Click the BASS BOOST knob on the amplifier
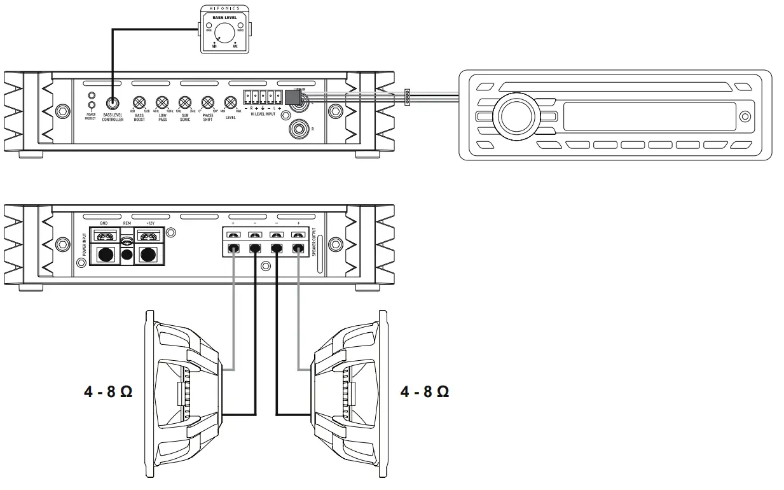tap(139, 103)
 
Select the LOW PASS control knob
tap(162, 103)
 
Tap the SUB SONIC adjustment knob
tap(184, 103)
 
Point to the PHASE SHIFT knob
tap(207, 103)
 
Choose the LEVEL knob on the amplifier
tap(230, 103)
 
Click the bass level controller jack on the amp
tap(113, 103)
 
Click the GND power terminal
tap(104, 255)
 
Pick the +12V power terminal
tap(149, 255)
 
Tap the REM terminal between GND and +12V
tap(127, 253)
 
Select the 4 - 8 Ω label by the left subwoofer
tap(107, 391)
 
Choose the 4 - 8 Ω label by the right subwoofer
tap(424, 391)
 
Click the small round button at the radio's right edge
tap(746, 116)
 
